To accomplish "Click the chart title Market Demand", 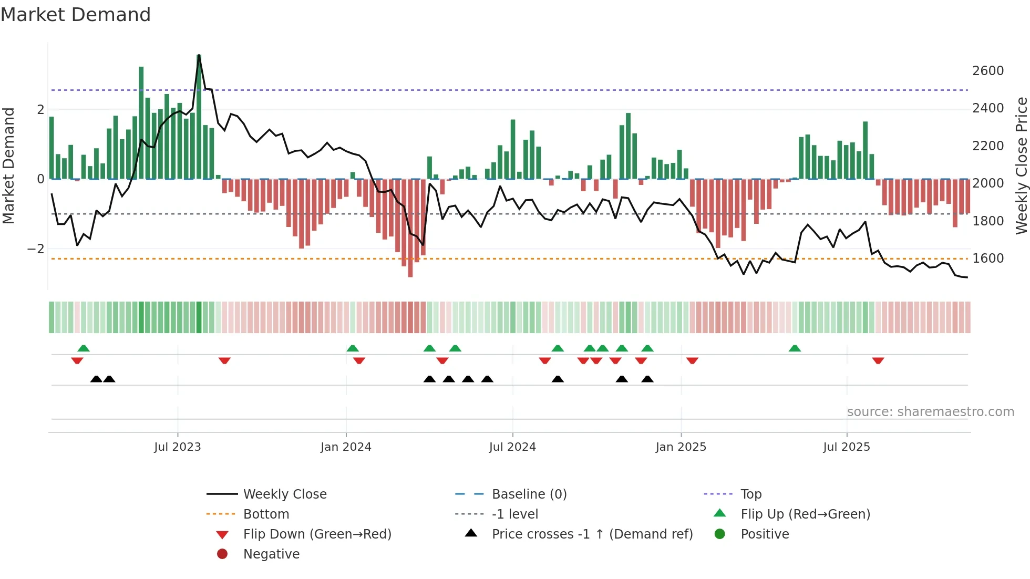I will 76,15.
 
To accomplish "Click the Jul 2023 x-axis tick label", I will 178,447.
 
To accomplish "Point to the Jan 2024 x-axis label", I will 346,447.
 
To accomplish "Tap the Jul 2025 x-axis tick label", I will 847,447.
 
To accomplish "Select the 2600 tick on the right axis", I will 988,71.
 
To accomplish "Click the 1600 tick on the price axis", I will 988,259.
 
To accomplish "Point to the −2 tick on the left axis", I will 36,249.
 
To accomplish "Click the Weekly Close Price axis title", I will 1021,166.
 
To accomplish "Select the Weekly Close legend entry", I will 284,494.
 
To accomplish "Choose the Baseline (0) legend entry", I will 529,494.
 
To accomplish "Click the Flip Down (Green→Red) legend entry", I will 317,534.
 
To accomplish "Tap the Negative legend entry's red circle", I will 222,554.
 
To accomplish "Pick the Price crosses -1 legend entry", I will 592,534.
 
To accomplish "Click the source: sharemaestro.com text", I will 930,412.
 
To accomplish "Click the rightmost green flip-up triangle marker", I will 795,348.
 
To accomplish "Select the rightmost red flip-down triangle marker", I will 878,360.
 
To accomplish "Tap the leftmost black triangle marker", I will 96,379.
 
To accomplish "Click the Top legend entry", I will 750,494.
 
